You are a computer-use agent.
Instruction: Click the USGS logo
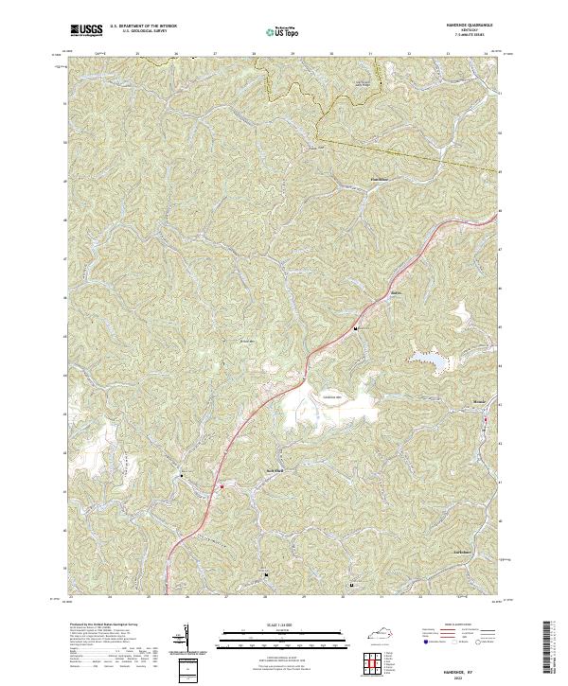(x=86, y=30)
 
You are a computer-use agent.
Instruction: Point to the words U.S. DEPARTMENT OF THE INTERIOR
(x=143, y=26)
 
